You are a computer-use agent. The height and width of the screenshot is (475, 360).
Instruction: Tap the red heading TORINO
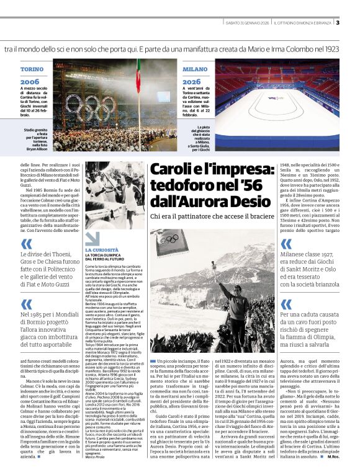coord(32,69)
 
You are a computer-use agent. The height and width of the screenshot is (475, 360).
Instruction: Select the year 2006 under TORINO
coord(29,81)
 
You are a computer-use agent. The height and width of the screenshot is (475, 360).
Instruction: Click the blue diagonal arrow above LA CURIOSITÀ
coord(92,238)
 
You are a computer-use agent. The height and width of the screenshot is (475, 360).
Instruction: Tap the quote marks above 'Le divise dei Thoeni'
coord(25,244)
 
